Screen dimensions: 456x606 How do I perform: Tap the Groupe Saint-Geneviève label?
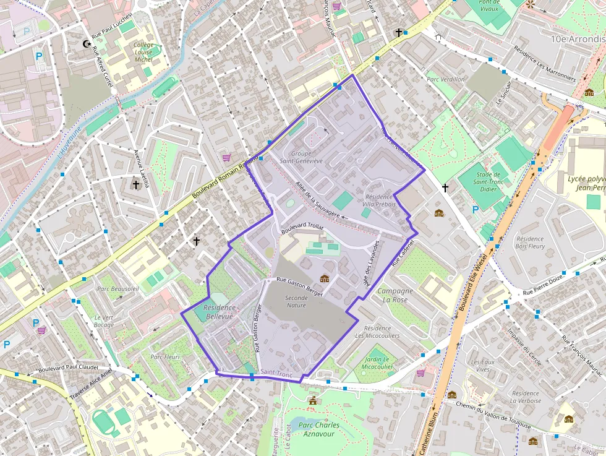pos(301,157)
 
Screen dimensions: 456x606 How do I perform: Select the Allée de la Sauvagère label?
pos(318,200)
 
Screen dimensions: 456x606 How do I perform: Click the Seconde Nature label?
pos(296,301)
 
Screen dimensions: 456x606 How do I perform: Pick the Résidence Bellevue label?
pos(220,312)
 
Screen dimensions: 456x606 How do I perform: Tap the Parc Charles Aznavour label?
pos(318,429)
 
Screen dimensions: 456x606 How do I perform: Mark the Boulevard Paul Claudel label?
pos(68,368)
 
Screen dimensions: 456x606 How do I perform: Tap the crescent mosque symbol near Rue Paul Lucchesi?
pos(86,43)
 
